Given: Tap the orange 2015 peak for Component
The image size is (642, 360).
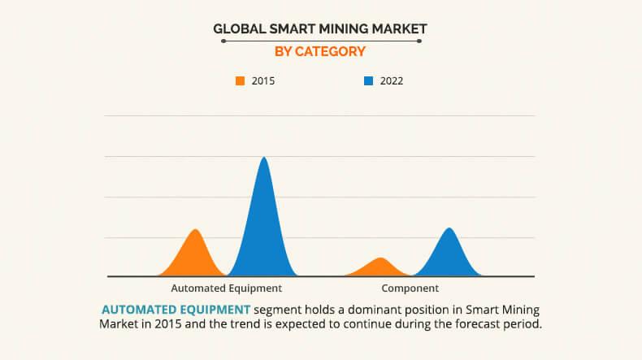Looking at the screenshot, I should pyautogui.click(x=380, y=267).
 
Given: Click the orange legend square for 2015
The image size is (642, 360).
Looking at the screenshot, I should pyautogui.click(x=240, y=80).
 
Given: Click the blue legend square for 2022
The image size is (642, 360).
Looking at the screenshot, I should pyautogui.click(x=368, y=80).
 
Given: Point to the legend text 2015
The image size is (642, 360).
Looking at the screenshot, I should pyautogui.click(x=263, y=80).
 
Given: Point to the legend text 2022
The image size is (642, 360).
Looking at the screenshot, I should pyautogui.click(x=391, y=80).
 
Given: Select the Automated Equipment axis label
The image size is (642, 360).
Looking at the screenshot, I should pyautogui.click(x=226, y=288).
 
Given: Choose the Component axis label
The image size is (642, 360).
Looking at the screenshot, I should pyautogui.click(x=410, y=288).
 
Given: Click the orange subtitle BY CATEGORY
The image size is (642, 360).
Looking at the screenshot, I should pyautogui.click(x=320, y=51).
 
